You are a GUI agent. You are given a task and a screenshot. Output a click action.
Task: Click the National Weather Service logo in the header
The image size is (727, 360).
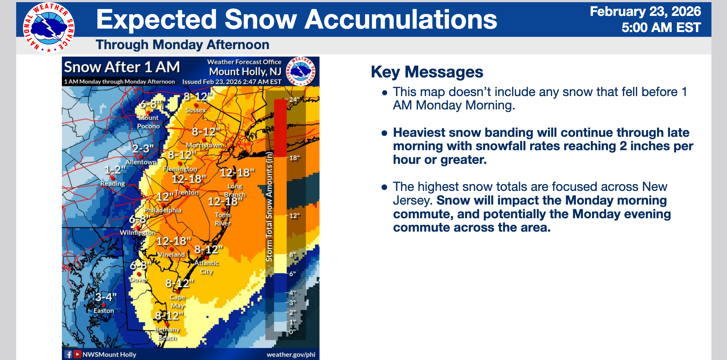pyautogui.click(x=49, y=28)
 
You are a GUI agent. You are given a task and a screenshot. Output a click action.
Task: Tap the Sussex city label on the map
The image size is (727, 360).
pyautogui.click(x=196, y=110)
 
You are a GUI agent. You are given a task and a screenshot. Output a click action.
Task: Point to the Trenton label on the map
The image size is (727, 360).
pyautogui.click(x=186, y=192)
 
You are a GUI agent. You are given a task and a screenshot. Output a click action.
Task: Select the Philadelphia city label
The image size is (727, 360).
pyautogui.click(x=163, y=210)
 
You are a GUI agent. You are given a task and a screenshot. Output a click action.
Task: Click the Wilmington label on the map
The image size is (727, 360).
pyautogui.click(x=138, y=233)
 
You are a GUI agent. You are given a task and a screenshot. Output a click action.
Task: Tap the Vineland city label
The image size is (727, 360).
pyautogui.click(x=171, y=254)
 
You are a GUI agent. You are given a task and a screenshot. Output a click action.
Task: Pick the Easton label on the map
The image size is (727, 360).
pyautogui.click(x=104, y=311)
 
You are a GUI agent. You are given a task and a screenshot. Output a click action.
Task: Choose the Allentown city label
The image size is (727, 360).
pyautogui.click(x=141, y=162)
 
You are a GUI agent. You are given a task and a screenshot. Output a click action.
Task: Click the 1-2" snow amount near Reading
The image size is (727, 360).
pyautogui.click(x=115, y=170)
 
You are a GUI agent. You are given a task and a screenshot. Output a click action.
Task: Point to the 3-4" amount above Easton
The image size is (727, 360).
pyautogui.click(x=106, y=297)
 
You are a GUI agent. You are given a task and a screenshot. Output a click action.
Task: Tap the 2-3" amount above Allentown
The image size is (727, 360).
pyautogui.click(x=143, y=149)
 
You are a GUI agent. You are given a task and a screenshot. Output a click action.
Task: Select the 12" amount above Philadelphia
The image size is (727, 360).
pyautogui.click(x=165, y=196)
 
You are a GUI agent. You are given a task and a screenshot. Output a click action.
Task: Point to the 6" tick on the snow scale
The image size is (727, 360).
pyautogui.click(x=293, y=274)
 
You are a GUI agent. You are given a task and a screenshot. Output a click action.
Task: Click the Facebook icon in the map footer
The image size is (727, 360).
pyautogui.click(x=69, y=354)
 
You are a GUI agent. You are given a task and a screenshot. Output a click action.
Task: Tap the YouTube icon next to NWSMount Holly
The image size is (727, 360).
pyautogui.click(x=77, y=354)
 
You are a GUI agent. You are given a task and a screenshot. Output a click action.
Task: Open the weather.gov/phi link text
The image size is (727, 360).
pyautogui.click(x=291, y=355)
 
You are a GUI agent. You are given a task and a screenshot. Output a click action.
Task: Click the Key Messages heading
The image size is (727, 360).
pyautogui.click(x=427, y=72)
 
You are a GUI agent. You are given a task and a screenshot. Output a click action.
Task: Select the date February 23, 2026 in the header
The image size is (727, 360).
pyautogui.click(x=646, y=12)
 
